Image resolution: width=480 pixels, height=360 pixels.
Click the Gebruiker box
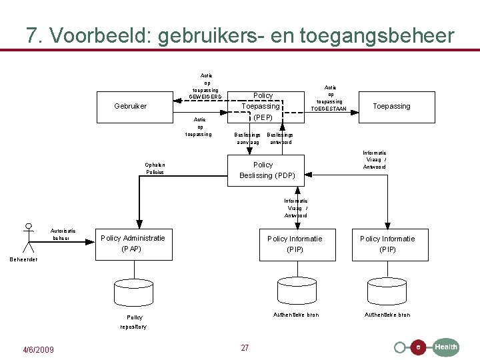pyautogui.click(x=131, y=106)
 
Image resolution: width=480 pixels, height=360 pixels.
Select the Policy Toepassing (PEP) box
pyautogui.click(x=261, y=106)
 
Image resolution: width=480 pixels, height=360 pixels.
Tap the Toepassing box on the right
pyautogui.click(x=391, y=106)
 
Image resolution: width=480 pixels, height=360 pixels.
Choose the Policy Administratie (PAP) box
pyautogui.click(x=133, y=244)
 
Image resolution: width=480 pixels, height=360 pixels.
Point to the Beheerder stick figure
pyautogui.click(x=28, y=237)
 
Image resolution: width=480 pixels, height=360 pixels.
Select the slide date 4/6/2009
pyautogui.click(x=39, y=351)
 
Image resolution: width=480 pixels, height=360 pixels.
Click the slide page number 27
pyautogui.click(x=245, y=348)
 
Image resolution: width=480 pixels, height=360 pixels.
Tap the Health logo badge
pyautogui.click(x=445, y=347)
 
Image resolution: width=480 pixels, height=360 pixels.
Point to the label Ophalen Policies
pyautogui.click(x=155, y=169)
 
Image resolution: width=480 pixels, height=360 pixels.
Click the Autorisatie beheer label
pyautogui.click(x=63, y=235)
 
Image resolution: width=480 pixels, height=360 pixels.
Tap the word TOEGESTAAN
pyautogui.click(x=329, y=109)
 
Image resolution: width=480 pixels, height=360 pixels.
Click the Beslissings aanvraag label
pyautogui.click(x=247, y=139)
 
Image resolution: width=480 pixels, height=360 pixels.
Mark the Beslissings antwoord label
pyautogui.click(x=280, y=139)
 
